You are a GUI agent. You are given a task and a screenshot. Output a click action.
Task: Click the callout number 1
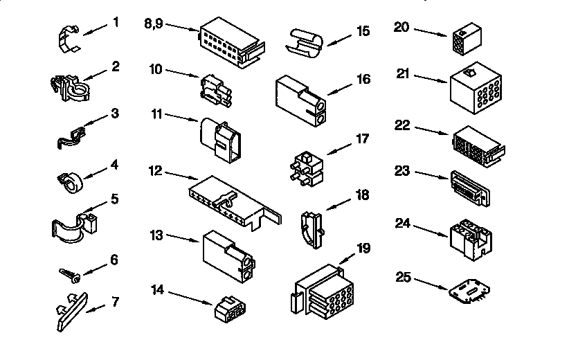[x=116, y=22]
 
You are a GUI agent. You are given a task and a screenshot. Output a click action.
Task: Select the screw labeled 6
[x=70, y=276]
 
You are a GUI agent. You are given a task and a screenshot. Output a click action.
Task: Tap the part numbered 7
[x=72, y=312]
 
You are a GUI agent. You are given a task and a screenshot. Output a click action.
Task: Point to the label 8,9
[x=154, y=24]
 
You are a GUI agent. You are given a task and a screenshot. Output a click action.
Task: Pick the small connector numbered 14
[x=230, y=309]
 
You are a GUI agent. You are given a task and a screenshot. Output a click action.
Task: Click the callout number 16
[x=363, y=79]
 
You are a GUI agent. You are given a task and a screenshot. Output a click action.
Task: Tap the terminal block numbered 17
[x=306, y=169]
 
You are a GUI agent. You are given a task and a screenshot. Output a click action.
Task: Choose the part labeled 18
[x=312, y=230]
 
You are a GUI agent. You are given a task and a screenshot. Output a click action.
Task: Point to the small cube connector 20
[x=467, y=39]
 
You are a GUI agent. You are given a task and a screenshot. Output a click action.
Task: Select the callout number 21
[x=403, y=73]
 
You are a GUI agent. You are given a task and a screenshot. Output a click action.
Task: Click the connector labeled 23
[x=471, y=188]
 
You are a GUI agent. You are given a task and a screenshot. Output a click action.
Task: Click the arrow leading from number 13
[x=183, y=238]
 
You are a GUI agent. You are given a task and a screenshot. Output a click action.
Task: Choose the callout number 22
[x=402, y=125]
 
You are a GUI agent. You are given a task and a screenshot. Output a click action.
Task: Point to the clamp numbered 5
[x=74, y=227]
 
